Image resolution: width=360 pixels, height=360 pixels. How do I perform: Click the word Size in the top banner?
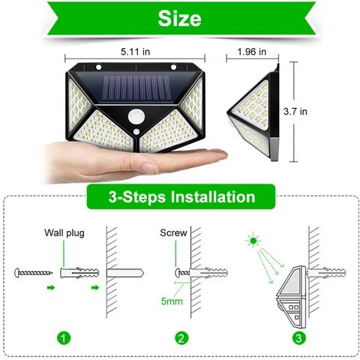pyautogui.click(x=179, y=18)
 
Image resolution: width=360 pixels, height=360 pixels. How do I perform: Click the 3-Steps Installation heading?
pyautogui.click(x=180, y=198)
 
